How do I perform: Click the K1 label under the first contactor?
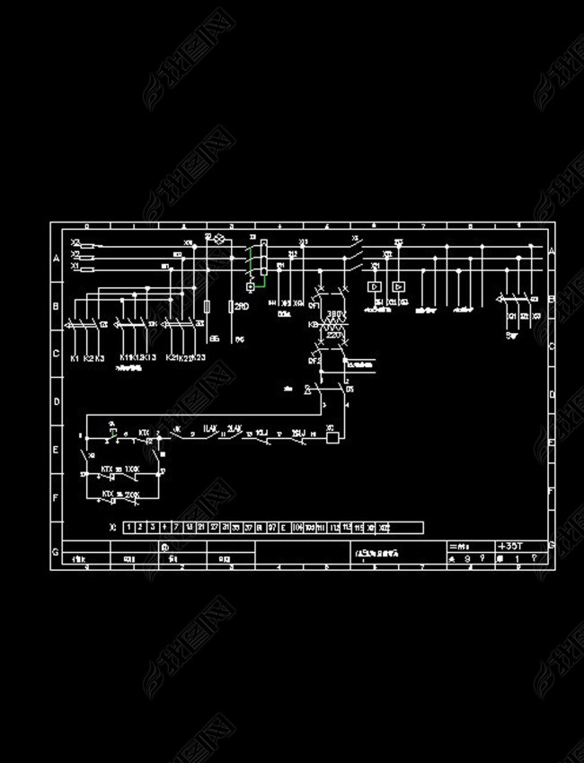click(75, 358)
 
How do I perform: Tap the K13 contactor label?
click(150, 358)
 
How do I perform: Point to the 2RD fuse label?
click(242, 306)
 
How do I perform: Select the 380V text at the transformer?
click(335, 314)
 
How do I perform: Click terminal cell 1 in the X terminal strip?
click(129, 527)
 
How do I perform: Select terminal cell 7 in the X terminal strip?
click(176, 527)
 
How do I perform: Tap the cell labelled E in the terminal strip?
click(284, 527)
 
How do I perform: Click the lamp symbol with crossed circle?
click(217, 238)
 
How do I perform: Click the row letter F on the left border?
click(56, 496)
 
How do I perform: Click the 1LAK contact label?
click(213, 428)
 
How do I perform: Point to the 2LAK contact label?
click(236, 428)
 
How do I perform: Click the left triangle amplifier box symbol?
click(375, 286)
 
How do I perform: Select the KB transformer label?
click(312, 324)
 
